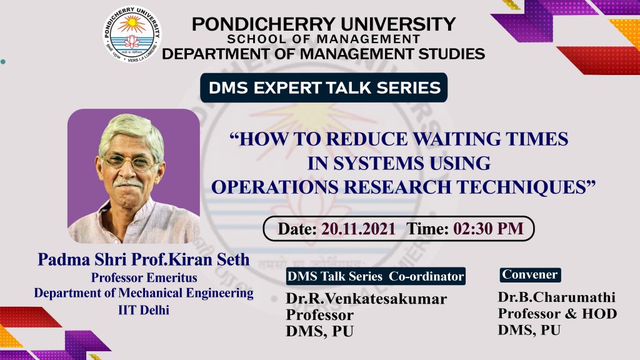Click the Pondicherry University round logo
tap(132, 34)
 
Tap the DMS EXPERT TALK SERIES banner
tap(324, 87)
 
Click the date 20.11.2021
tap(358, 229)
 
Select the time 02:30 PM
tap(488, 229)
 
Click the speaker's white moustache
tap(127, 183)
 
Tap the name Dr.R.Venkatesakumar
tap(366, 299)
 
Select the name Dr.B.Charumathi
tap(557, 297)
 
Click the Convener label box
tap(530, 275)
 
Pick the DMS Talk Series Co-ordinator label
tap(376, 276)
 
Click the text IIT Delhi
tap(144, 310)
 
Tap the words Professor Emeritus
tap(144, 277)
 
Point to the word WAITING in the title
tap(457, 139)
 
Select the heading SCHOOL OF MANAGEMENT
tap(324, 39)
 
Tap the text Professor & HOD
tap(557, 314)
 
